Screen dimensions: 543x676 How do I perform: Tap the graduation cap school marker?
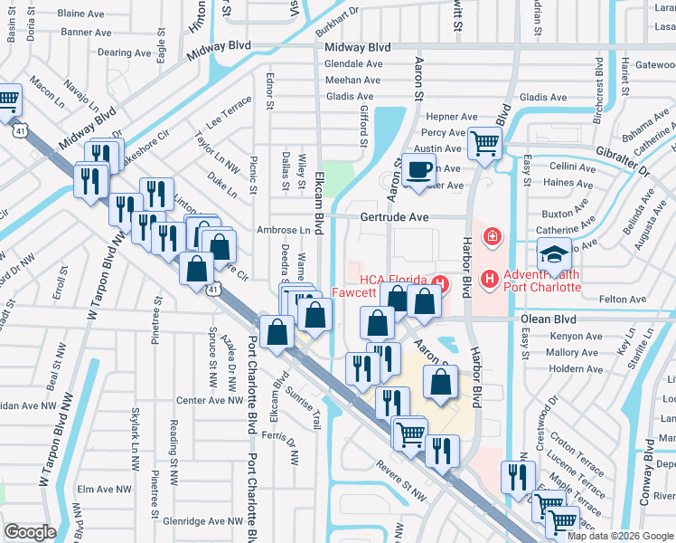554,254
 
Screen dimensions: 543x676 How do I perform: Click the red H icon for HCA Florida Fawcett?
440,281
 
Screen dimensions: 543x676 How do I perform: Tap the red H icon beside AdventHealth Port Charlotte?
490,278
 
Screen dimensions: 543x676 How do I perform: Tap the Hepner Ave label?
451,117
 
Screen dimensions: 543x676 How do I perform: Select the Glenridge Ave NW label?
200,521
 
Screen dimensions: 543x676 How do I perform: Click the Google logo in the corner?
30,532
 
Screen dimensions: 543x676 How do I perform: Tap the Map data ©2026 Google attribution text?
619,536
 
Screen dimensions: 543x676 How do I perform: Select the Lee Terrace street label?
229,113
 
